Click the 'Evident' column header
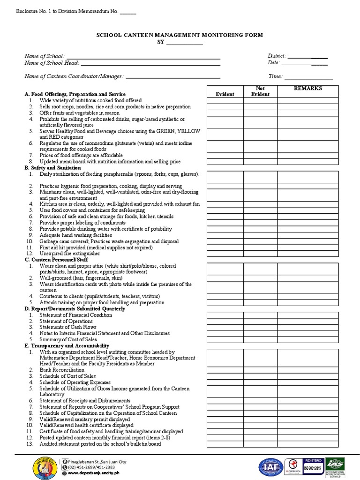(225, 94)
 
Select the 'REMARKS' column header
(307, 88)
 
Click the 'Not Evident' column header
(260, 91)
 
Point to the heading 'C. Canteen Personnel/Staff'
(56, 259)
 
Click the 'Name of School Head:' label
(52, 63)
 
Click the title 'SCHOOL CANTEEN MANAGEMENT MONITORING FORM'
(180, 35)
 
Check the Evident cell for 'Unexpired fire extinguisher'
(225, 254)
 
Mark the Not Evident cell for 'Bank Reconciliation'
(260, 370)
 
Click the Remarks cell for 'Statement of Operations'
(307, 321)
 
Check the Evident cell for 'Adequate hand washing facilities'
(225, 235)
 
